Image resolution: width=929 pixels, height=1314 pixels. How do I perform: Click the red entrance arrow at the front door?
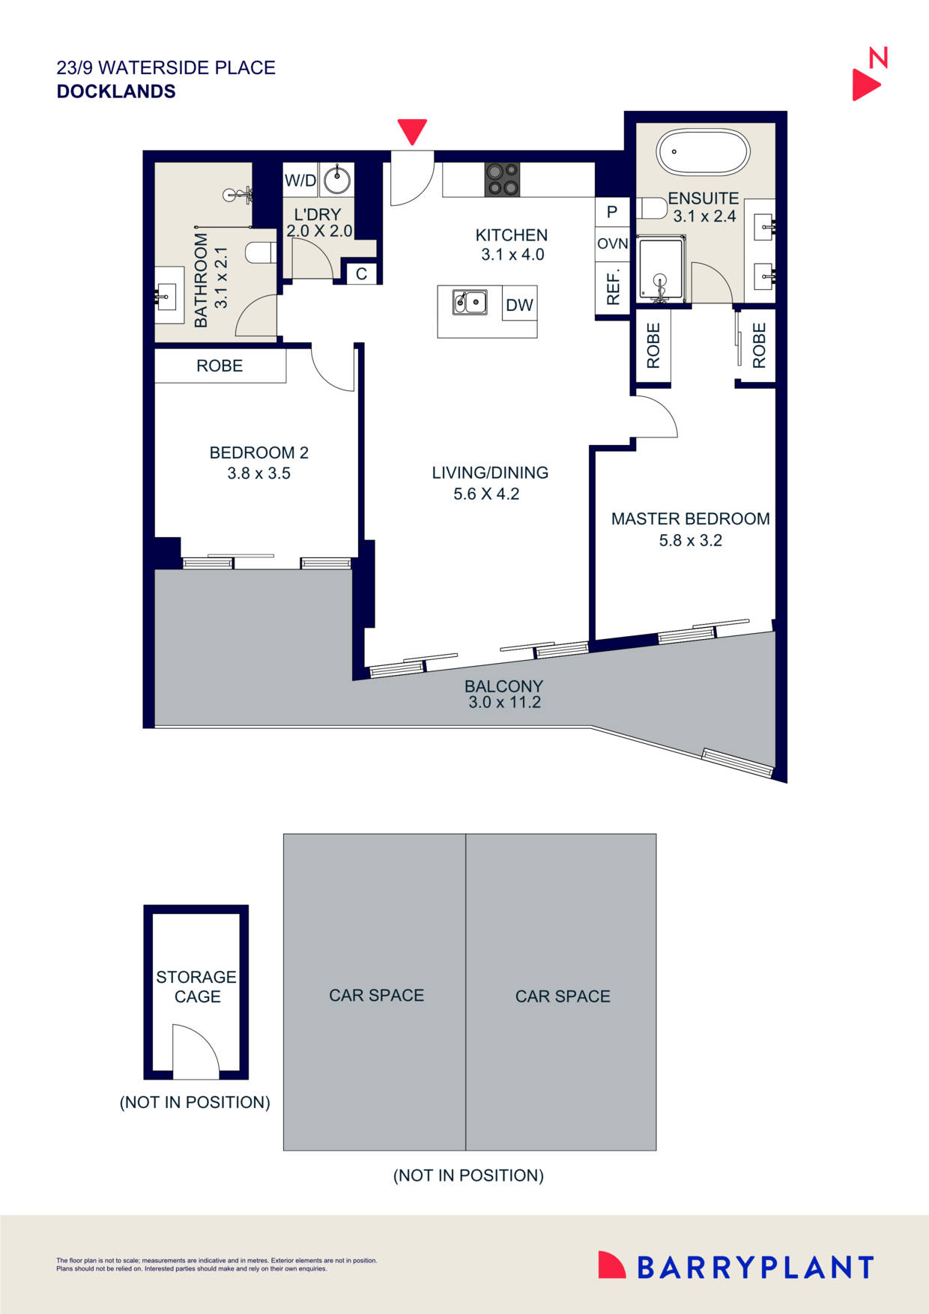pos(412,130)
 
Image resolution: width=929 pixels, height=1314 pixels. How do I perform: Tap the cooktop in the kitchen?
pos(503,180)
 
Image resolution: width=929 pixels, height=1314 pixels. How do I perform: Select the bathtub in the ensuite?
pos(702,152)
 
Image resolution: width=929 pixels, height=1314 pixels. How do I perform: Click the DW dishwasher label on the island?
pos(519,305)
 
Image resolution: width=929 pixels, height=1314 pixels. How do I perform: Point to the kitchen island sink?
pos(470,303)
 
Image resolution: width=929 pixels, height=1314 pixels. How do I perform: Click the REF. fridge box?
pos(612,286)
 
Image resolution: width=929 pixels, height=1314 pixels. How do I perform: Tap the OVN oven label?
pos(612,243)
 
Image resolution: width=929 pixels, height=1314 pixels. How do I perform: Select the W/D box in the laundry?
pos(300,181)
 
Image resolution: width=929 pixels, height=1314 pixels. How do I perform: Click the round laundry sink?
pos(336,180)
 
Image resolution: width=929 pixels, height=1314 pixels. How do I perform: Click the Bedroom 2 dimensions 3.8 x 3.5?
pos(258,473)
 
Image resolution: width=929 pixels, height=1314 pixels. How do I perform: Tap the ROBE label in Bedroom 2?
pos(220,366)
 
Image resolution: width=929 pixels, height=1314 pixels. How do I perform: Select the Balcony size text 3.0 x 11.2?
pos(504,703)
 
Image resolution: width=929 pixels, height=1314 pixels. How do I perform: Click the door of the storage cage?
pos(195,1053)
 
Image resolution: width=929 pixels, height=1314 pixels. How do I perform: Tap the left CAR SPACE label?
pos(376,995)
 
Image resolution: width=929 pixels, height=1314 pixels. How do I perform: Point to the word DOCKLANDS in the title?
pos(116,91)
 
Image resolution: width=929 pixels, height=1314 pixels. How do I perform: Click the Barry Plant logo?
pos(736,1267)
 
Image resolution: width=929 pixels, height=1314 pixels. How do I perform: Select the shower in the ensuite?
pos(660,270)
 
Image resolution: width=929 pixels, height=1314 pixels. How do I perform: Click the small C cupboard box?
pos(361,274)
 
